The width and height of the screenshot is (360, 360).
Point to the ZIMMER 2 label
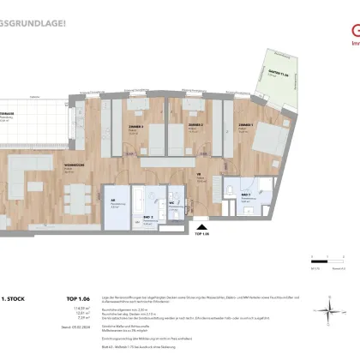(195, 125)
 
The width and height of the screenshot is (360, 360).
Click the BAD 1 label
(246, 194)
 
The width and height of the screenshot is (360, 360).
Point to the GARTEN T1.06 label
(277, 75)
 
